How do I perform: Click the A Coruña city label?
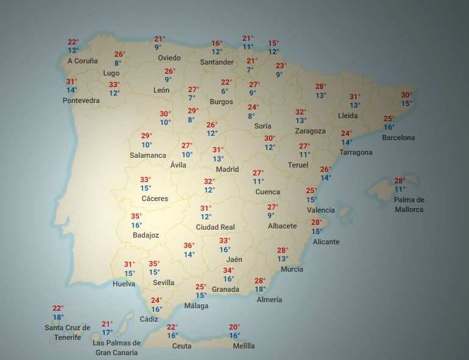[x=82, y=61]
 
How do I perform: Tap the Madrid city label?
[x=227, y=169]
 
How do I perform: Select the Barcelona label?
[x=398, y=138]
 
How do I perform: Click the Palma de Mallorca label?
[x=409, y=205]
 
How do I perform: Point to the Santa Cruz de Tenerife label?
[x=67, y=333]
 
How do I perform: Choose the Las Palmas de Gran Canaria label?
[x=116, y=347]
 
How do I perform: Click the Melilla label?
[x=244, y=346]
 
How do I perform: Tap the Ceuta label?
[x=182, y=346]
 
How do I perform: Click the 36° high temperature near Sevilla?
[x=189, y=245]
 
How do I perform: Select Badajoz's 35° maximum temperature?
[x=136, y=216]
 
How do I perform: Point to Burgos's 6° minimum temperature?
[x=225, y=91]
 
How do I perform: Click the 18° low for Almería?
[x=260, y=289]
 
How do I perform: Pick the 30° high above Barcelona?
[x=406, y=94]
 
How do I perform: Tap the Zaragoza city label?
[x=310, y=131]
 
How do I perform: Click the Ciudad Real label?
[x=215, y=227]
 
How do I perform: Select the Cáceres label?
[x=155, y=199]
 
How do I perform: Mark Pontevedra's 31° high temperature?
[x=72, y=82]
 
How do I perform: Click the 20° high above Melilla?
[x=234, y=327]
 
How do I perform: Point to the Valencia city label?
[x=321, y=210]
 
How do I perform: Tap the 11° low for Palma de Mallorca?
[x=400, y=189]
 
